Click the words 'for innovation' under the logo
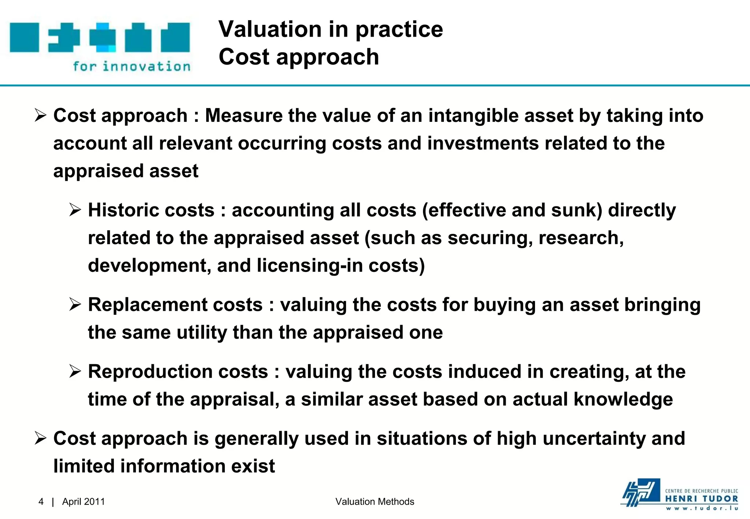(132, 67)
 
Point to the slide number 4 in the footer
(41, 501)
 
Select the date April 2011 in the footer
(83, 501)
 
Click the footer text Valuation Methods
(375, 501)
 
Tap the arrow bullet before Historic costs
(75, 210)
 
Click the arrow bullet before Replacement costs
(75, 305)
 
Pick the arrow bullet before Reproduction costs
(75, 371)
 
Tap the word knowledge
(623, 399)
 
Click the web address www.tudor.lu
(701, 508)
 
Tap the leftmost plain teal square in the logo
(24, 37)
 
